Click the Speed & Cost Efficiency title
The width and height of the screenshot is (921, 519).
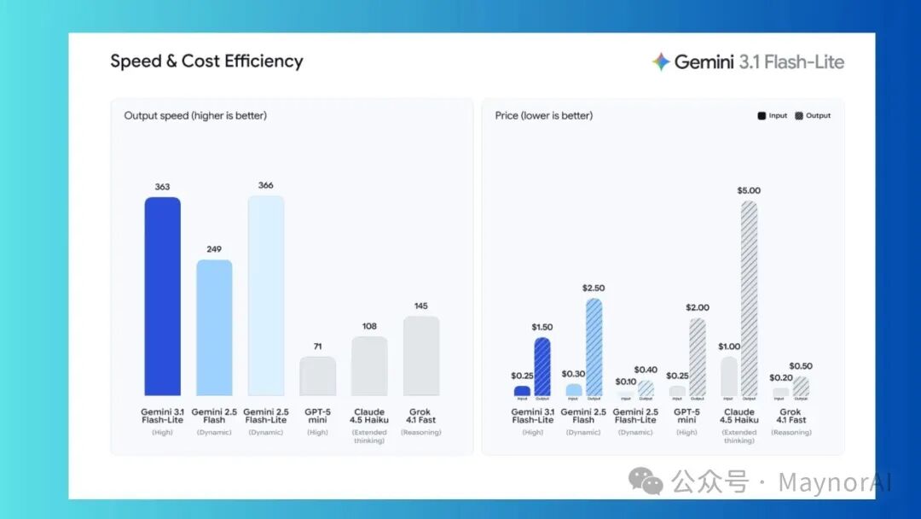coord(206,61)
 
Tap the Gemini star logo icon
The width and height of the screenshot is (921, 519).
coord(661,61)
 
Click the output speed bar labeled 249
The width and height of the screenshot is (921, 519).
coord(214,328)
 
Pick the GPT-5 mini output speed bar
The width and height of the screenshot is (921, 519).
coord(317,376)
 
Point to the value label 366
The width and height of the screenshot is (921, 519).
coord(265,185)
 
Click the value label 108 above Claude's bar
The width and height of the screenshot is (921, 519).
coord(369,326)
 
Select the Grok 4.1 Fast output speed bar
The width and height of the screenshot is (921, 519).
coord(421,356)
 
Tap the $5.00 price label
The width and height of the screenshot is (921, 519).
coord(749,190)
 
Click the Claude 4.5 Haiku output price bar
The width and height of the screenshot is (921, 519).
coord(749,299)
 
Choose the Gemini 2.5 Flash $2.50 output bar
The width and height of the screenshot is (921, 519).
coord(594,347)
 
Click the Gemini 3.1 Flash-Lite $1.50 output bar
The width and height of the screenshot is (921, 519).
coord(542,366)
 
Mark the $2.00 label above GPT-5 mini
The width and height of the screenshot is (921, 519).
coord(698,307)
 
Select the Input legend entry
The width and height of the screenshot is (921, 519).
coord(772,115)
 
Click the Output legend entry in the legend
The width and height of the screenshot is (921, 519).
coord(813,115)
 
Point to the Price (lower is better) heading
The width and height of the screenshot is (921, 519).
coord(543,115)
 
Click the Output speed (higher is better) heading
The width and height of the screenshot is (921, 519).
coord(195,115)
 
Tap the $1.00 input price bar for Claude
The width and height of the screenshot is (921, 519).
coord(728,376)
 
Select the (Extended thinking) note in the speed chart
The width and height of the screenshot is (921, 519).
coord(369,436)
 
